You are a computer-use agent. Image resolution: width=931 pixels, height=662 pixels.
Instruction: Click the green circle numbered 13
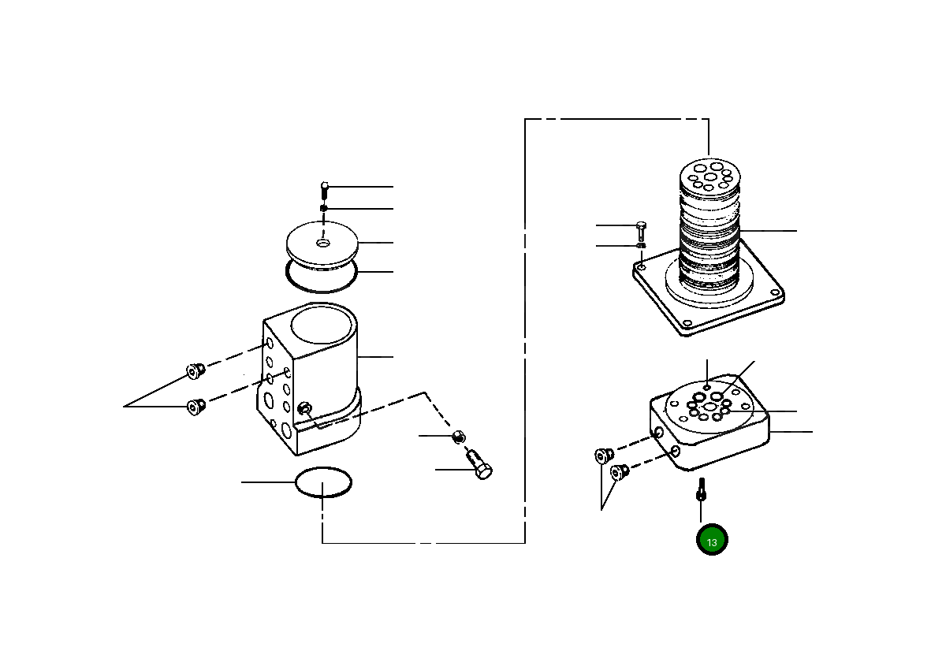click(x=711, y=541)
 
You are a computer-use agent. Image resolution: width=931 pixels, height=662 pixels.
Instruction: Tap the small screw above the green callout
click(x=700, y=491)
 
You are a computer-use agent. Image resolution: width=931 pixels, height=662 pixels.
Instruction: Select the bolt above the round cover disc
click(x=324, y=189)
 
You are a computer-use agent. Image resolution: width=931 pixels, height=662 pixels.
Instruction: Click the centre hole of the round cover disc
click(x=323, y=243)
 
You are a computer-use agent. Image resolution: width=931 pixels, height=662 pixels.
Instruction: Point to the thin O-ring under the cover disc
click(x=322, y=277)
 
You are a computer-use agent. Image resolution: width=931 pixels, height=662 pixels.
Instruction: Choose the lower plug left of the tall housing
click(x=194, y=407)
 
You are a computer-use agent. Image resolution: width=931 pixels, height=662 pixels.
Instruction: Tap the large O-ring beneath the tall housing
click(x=323, y=482)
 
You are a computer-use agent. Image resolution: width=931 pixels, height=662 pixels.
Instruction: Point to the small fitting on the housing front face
click(x=305, y=409)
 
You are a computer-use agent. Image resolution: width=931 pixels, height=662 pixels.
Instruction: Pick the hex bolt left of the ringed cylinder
click(x=640, y=230)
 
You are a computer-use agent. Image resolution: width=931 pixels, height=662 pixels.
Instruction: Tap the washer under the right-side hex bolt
click(x=641, y=246)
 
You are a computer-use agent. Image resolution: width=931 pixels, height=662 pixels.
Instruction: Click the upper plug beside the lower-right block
click(x=604, y=456)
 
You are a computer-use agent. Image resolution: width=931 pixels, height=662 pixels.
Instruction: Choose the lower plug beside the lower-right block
click(x=620, y=473)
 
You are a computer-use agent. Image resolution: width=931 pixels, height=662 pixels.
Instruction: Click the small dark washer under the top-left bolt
click(x=323, y=209)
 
